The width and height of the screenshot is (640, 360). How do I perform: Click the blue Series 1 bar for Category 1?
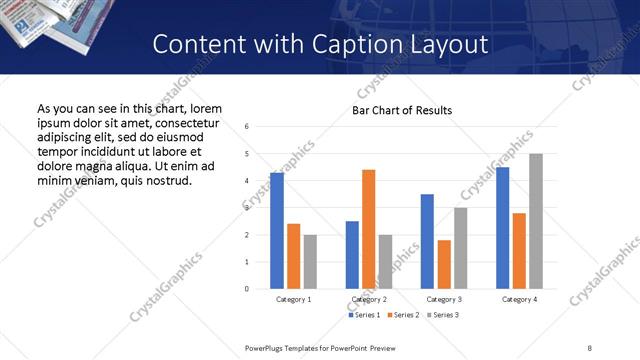(x=277, y=231)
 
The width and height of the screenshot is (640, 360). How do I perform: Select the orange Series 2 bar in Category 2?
(x=368, y=229)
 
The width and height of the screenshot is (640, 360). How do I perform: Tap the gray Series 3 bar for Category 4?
(x=536, y=221)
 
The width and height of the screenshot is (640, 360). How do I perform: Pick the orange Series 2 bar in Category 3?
(x=444, y=264)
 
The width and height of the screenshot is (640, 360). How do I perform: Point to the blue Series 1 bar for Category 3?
(x=427, y=241)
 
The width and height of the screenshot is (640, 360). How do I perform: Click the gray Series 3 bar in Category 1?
(x=310, y=262)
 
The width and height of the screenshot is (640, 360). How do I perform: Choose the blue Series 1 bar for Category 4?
(x=503, y=228)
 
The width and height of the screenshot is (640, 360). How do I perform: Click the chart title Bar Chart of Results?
(x=402, y=110)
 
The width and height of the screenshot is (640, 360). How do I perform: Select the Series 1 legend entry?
(x=364, y=315)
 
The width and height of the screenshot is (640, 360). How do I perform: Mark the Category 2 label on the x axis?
(x=369, y=299)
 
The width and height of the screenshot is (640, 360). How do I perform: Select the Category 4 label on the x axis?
(x=519, y=299)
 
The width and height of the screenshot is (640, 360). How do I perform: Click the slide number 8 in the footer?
(x=589, y=347)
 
